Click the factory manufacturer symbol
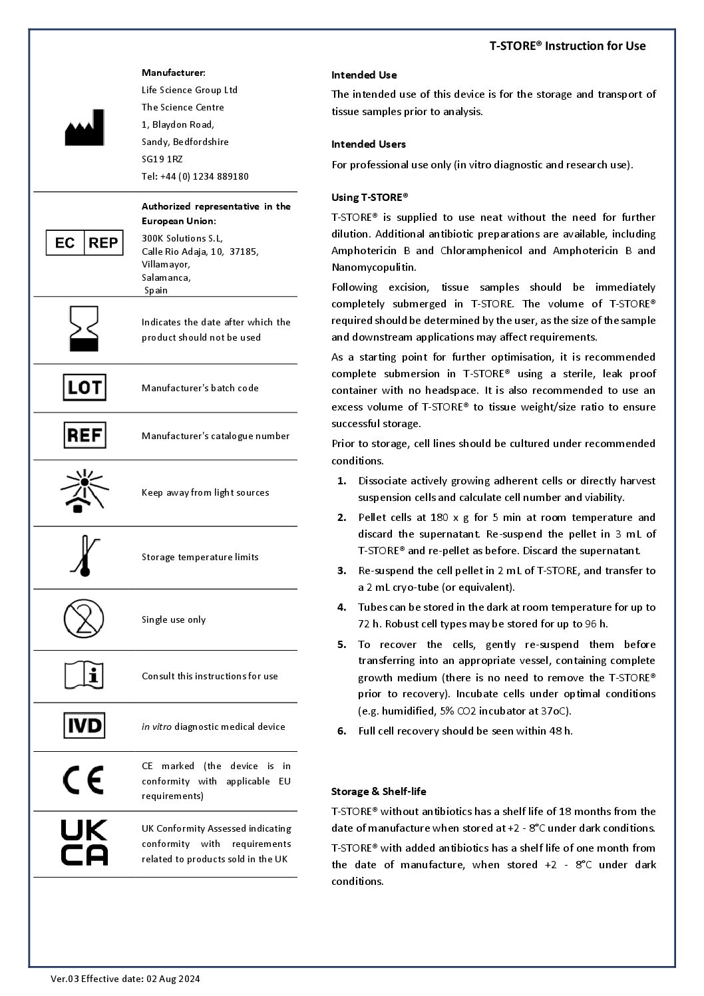click(x=84, y=128)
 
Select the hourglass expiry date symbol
click(x=84, y=329)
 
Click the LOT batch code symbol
click(x=85, y=387)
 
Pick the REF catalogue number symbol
click(x=85, y=436)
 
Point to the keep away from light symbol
click(x=84, y=492)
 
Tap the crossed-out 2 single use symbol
click(x=84, y=619)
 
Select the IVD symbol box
click(x=85, y=726)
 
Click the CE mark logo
click(x=84, y=780)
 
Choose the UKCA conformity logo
click(x=84, y=843)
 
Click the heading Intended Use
click(x=364, y=75)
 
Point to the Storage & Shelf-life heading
click(x=379, y=791)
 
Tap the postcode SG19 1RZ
click(x=162, y=159)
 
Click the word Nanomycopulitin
click(x=373, y=267)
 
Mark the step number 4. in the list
click(x=342, y=607)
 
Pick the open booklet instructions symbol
click(x=84, y=676)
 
